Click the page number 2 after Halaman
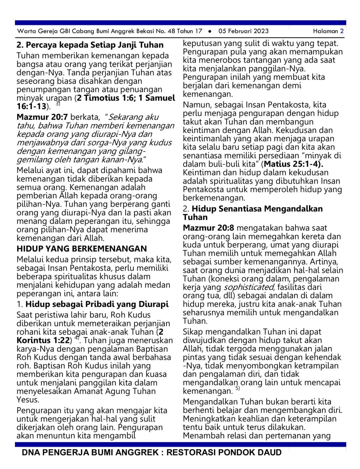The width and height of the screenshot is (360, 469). tap(342, 31)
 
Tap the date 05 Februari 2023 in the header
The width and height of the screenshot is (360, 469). tap(243, 31)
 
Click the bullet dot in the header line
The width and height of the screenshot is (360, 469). tap(210, 31)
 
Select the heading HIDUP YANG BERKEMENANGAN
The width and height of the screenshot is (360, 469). tap(82, 249)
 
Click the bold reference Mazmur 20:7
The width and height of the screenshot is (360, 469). tap(42, 117)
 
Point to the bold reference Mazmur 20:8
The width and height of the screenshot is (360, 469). tap(208, 228)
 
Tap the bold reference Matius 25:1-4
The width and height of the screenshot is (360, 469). tap(293, 164)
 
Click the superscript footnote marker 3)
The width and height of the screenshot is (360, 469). tap(58, 104)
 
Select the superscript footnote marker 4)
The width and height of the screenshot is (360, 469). tap(77, 338)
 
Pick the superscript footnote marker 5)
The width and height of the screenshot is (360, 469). tap(237, 388)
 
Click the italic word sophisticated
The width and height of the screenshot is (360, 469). tap(249, 287)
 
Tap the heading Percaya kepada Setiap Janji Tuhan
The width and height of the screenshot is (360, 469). tap(90, 45)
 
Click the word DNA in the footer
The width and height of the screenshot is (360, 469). tap(30, 452)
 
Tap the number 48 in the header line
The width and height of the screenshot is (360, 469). tap(171, 31)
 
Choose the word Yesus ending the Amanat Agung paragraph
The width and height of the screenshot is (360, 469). tap(28, 400)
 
